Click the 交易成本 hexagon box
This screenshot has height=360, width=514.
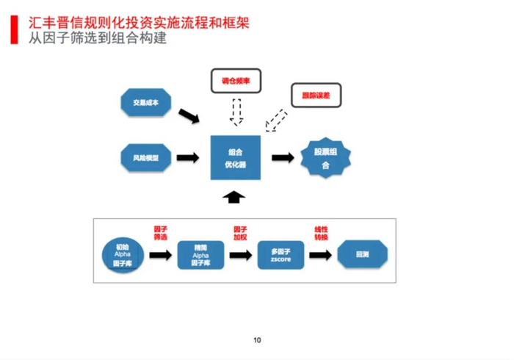point(145,103)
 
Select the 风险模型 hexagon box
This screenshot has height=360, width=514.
point(145,157)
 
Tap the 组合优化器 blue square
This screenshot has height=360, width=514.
point(236,157)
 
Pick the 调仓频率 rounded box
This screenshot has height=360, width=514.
point(236,80)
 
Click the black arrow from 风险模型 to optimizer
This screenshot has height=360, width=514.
point(188,157)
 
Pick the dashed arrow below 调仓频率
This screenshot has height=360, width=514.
point(236,112)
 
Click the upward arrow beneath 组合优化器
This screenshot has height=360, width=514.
point(235,196)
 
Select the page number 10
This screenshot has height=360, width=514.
point(257,339)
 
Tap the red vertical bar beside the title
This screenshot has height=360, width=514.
point(14,29)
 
